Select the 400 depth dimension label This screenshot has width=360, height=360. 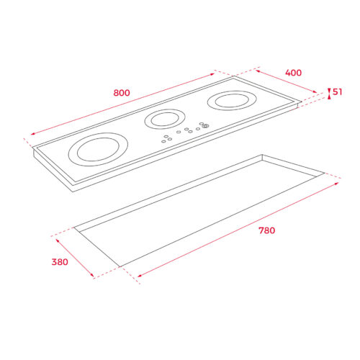coord(293,73)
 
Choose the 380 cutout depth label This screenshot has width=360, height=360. coord(59,262)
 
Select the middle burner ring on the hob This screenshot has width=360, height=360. coord(166,119)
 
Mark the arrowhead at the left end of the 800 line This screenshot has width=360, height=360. coord(32,135)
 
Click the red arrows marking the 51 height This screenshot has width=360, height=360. coord(329,92)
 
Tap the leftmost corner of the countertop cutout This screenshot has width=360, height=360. coord(74,228)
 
